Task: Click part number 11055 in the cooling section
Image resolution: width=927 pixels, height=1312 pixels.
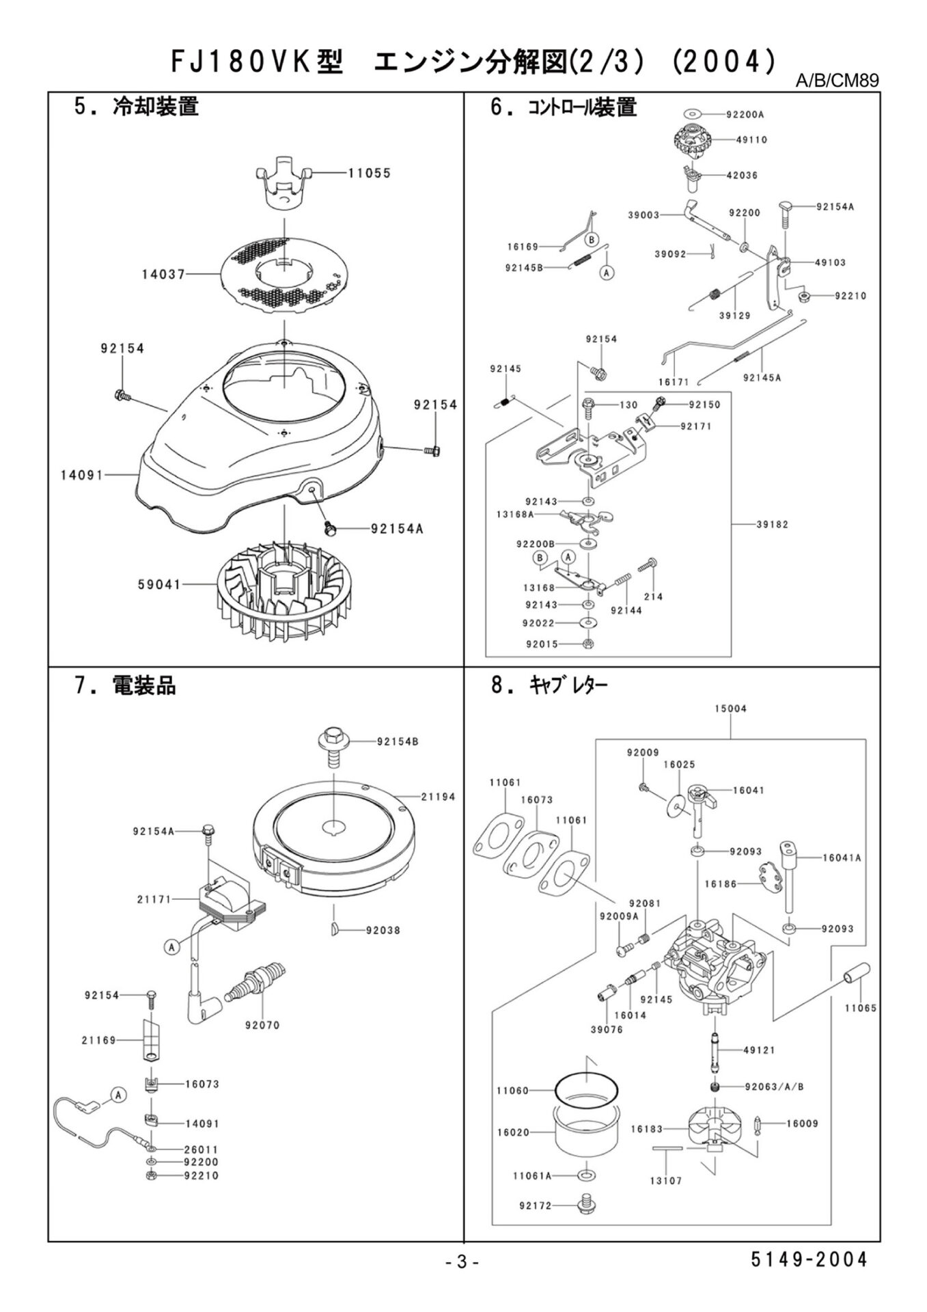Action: [x=369, y=174]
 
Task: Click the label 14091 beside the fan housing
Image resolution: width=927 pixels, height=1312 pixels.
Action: [x=81, y=474]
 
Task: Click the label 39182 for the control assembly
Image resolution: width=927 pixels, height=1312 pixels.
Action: [x=772, y=525]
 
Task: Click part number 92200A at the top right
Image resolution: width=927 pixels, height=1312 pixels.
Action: [x=747, y=115]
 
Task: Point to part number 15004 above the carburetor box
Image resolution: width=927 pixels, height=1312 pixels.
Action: [x=730, y=709]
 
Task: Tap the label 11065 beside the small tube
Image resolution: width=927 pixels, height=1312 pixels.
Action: [x=860, y=1009]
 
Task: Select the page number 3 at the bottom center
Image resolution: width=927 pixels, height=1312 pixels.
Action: [x=462, y=1263]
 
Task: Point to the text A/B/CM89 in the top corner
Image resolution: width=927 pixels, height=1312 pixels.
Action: [x=837, y=81]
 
